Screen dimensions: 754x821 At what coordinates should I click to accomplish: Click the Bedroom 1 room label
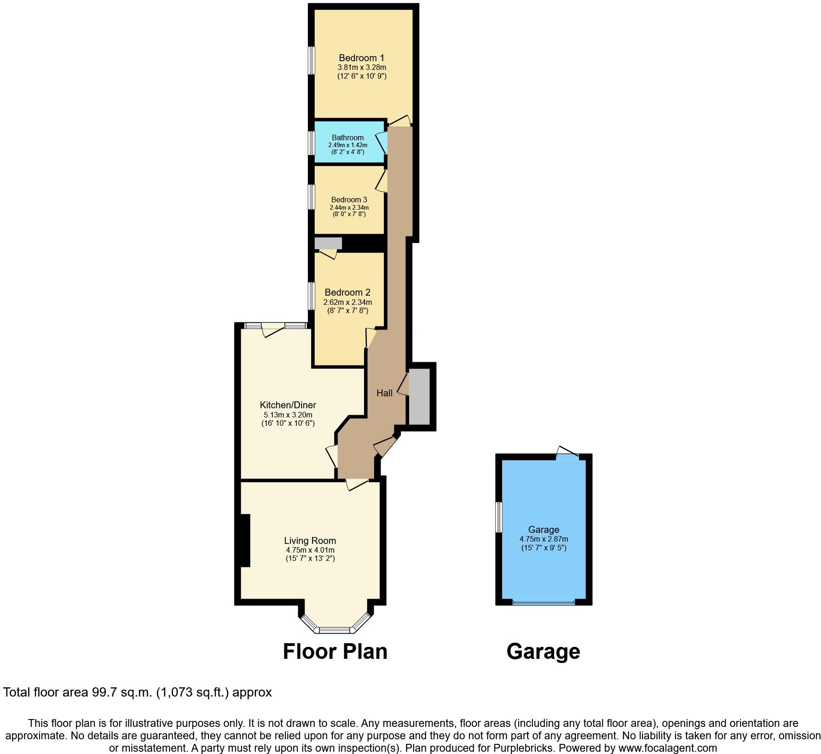coord(361,58)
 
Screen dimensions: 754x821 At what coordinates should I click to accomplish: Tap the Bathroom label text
coord(347,137)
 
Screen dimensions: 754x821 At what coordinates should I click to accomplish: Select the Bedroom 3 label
coord(349,200)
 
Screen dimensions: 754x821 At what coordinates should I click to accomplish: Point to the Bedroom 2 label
coord(347,292)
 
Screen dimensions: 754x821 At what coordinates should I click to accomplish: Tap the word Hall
coord(385,393)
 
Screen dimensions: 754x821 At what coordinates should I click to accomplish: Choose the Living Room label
coord(310,541)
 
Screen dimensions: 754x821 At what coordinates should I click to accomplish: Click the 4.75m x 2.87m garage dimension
coord(543,539)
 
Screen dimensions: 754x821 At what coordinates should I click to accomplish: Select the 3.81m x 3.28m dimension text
coord(361,68)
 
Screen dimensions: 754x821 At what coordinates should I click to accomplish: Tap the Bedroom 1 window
coord(312,60)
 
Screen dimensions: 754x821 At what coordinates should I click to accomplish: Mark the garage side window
coord(498,517)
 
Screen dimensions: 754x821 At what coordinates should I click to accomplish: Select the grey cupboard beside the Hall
coord(419,396)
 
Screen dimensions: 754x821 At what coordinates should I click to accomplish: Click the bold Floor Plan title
coord(335,651)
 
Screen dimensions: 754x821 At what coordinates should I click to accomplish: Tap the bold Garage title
coord(543,651)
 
